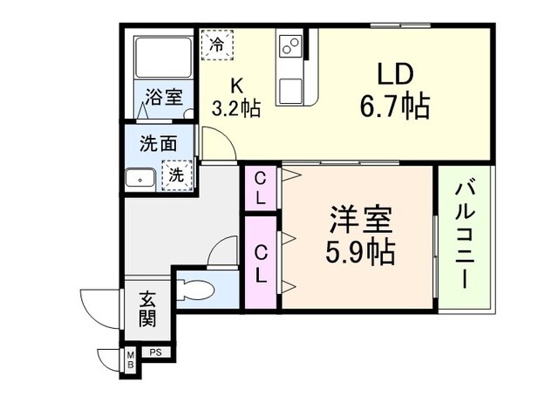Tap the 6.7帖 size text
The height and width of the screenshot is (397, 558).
(393, 107)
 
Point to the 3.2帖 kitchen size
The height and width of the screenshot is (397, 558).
(236, 108)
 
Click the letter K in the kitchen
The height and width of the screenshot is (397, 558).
(235, 86)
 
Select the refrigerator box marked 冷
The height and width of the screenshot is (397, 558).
(216, 44)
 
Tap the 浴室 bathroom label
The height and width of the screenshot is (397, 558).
(163, 97)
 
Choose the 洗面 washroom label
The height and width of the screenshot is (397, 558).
(157, 144)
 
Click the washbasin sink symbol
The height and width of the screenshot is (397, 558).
(139, 179)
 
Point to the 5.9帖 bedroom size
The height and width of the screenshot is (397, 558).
(360, 252)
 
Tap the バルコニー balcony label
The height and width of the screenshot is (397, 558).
(464, 235)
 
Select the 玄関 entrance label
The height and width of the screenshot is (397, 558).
(147, 309)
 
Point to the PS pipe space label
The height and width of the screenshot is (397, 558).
(155, 353)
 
